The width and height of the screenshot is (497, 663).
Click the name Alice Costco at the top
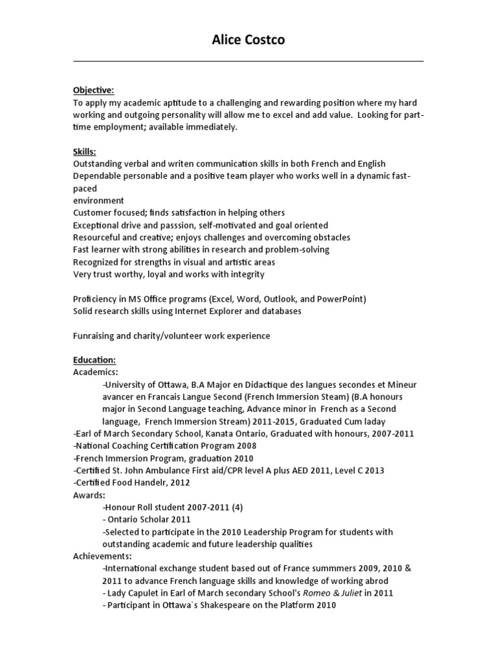click(x=248, y=40)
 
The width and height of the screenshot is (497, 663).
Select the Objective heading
click(x=93, y=90)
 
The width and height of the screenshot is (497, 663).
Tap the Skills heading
click(x=85, y=152)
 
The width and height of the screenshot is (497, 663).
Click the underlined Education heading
click(x=94, y=360)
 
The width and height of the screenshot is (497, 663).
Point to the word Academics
click(x=96, y=372)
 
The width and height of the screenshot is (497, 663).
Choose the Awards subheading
click(x=90, y=495)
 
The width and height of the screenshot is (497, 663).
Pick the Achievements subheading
click(x=102, y=556)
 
